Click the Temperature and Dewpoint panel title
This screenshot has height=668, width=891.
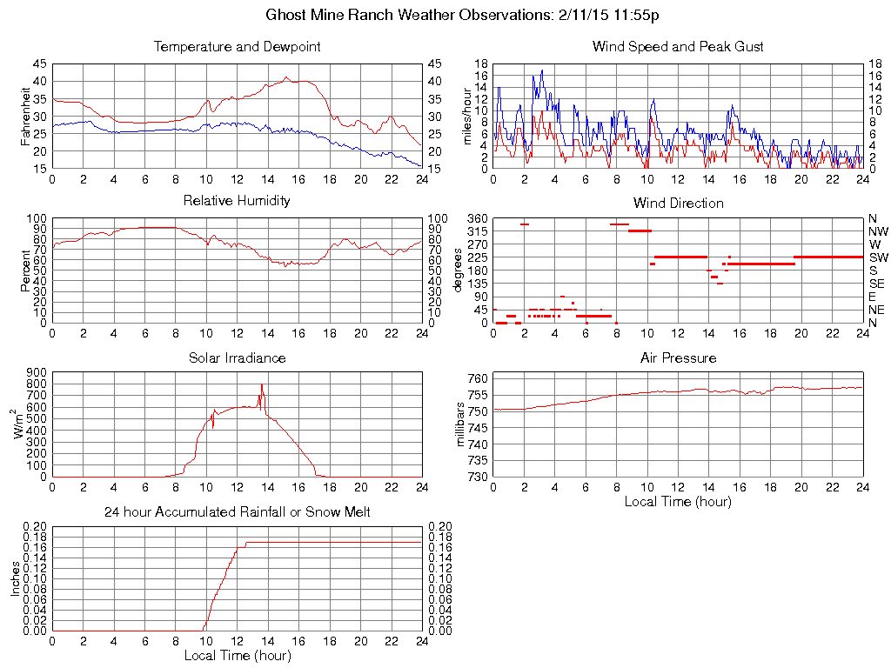coord(237,47)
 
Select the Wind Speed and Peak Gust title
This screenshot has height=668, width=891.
coord(678,47)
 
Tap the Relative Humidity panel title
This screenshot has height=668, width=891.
coord(237,201)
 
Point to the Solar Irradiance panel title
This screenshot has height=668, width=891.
coord(237,357)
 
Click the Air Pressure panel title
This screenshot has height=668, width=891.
coord(678,357)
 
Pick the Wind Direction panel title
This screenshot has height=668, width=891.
coord(678,203)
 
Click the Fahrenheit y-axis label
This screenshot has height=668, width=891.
coord(26,116)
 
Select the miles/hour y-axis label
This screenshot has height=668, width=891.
coord(467,116)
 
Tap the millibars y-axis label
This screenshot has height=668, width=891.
coord(461,426)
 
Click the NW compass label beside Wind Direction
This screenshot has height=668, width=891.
coord(878,231)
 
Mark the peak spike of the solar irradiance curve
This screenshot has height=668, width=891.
coord(261,384)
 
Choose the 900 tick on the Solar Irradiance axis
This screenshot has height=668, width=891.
coord(37,372)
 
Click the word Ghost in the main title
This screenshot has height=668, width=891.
coord(285,15)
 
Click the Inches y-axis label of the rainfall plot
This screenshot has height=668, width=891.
coord(15,578)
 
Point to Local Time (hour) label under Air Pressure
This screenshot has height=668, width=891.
coord(678,501)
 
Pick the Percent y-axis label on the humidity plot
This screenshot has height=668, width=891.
coord(26,271)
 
